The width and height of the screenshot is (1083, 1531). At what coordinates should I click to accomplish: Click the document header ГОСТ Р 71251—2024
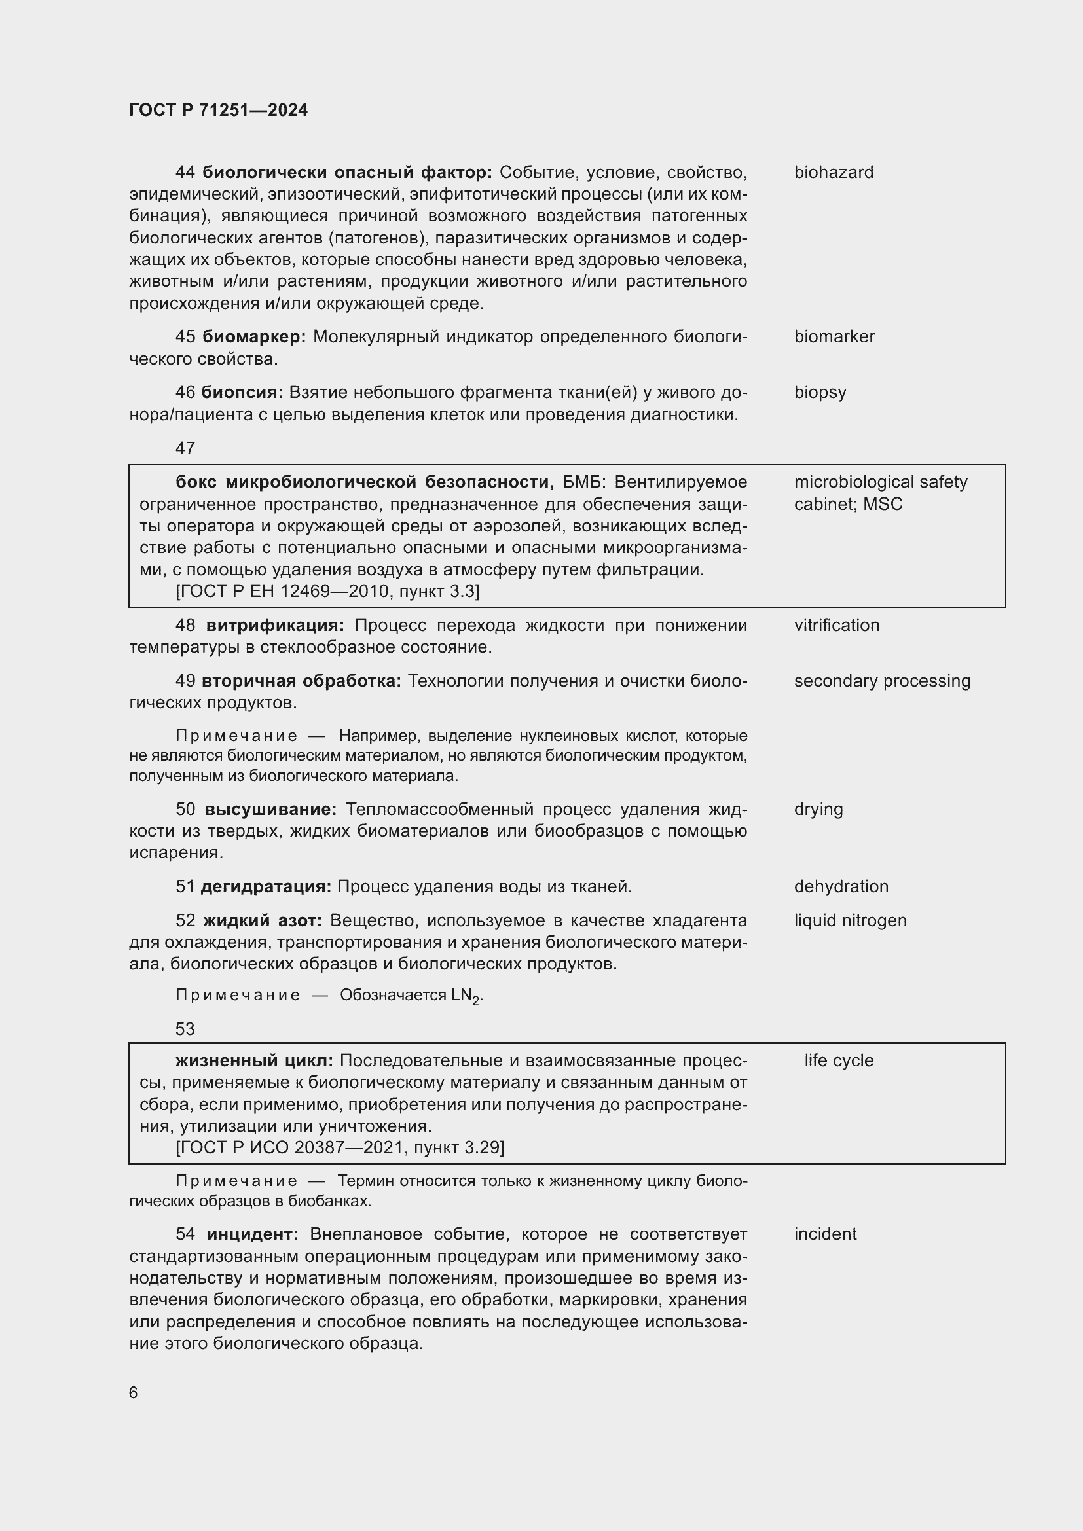(x=218, y=110)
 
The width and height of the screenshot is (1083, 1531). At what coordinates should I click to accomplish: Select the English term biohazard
(x=833, y=173)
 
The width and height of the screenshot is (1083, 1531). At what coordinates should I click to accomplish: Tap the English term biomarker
(x=834, y=336)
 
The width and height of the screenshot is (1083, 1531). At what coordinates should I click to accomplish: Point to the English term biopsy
(x=820, y=392)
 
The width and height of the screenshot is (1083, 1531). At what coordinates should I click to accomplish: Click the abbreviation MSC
(x=882, y=504)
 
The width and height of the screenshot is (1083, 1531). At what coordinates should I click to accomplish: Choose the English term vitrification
(x=836, y=626)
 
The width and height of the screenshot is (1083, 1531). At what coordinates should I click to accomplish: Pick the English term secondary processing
(x=881, y=681)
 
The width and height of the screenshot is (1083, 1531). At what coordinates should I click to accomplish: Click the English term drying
(x=818, y=810)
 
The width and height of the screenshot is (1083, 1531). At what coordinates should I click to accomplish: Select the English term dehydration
(x=841, y=886)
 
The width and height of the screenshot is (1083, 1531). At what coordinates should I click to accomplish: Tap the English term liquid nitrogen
(x=851, y=920)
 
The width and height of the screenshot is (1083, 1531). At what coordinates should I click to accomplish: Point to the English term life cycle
(x=838, y=1060)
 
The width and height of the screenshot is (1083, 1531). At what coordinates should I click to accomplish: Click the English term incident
(x=825, y=1234)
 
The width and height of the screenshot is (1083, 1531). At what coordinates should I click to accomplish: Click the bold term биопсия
(x=242, y=392)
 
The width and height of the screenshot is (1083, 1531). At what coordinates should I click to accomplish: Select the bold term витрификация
(x=275, y=626)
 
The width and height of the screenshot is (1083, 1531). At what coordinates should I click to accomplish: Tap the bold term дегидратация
(x=265, y=886)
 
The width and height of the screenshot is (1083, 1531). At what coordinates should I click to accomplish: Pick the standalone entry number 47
(x=185, y=448)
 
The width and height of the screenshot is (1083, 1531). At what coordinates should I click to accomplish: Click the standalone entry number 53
(x=185, y=1029)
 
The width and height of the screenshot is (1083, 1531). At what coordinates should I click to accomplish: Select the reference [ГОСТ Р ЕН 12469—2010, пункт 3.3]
(x=327, y=592)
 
